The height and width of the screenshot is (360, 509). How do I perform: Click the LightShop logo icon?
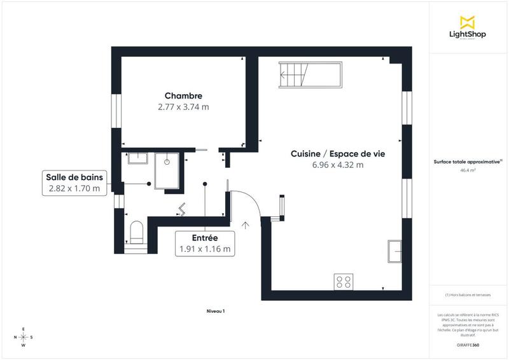tap(467, 21)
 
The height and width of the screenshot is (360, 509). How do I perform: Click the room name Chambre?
tap(183, 96)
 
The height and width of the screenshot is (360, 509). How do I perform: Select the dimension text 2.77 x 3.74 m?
tap(183, 107)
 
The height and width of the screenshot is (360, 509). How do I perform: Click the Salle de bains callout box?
tap(74, 183)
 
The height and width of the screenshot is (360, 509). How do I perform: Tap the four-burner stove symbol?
tap(344, 281)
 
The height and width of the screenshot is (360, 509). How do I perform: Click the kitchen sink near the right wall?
tap(395, 251)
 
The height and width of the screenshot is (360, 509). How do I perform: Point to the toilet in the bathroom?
tap(137, 232)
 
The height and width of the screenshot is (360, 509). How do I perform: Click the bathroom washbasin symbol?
tap(137, 158)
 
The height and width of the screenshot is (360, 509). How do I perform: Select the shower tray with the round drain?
tap(167, 170)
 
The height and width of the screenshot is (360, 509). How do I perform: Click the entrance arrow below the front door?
tap(246, 224)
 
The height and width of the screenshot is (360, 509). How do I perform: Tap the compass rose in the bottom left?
tap(24, 336)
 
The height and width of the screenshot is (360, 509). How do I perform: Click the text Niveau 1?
tap(216, 311)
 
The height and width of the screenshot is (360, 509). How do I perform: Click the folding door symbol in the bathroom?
tap(183, 209)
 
